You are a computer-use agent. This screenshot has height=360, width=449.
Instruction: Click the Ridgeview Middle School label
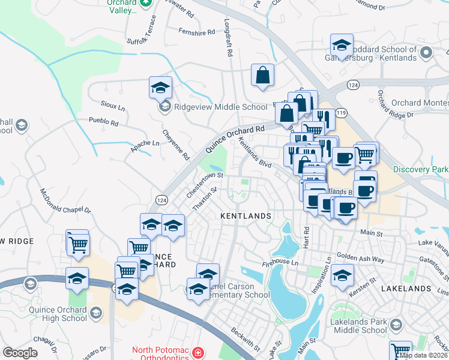pyautogui.click(x=220, y=107)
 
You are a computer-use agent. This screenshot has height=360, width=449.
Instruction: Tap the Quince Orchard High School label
pyautogui.click(x=57, y=314)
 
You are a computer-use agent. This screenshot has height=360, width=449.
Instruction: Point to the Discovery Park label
pyautogui.click(x=423, y=170)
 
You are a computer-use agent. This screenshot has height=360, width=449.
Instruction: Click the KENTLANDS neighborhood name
pyautogui.click(x=246, y=215)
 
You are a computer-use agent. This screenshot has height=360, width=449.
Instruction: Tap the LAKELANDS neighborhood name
pyautogui.click(x=405, y=289)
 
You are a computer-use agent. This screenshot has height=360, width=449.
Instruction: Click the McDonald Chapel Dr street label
pyautogui.click(x=65, y=202)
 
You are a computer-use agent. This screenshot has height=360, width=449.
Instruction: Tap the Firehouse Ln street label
pyautogui.click(x=280, y=263)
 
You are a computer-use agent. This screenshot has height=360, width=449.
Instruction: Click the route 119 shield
pyautogui.click(x=342, y=112)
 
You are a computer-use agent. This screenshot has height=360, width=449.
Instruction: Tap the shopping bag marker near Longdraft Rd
pyautogui.click(x=262, y=75)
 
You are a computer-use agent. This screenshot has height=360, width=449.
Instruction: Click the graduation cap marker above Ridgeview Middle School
pyautogui.click(x=160, y=87)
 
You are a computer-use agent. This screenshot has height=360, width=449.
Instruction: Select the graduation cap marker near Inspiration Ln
pyautogui.click(x=342, y=275)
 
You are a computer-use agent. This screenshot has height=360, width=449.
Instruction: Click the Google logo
pyautogui.click(x=20, y=353)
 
